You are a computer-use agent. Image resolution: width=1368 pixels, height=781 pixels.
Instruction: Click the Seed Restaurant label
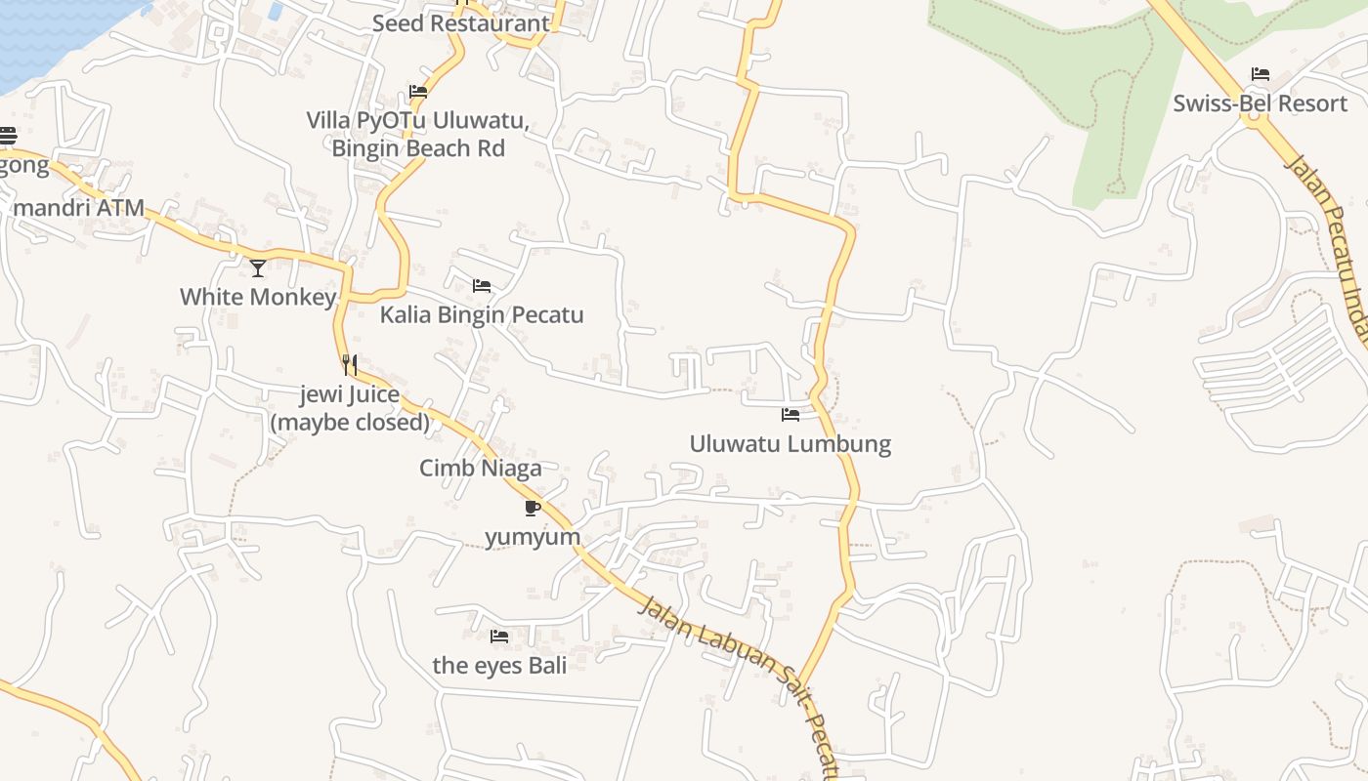pyautogui.click(x=460, y=23)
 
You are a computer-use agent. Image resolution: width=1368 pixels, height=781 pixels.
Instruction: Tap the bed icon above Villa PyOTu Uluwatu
pyautogui.click(x=418, y=92)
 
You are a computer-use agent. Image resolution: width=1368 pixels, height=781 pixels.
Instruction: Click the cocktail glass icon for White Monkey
pyautogui.click(x=258, y=267)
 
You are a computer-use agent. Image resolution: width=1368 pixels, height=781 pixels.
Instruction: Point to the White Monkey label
pyautogui.click(x=258, y=297)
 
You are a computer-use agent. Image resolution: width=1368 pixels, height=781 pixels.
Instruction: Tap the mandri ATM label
pyautogui.click(x=79, y=208)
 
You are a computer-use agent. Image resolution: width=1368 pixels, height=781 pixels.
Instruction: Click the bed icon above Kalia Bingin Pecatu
pyautogui.click(x=482, y=286)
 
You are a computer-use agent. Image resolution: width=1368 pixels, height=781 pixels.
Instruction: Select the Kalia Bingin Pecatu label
pyautogui.click(x=482, y=314)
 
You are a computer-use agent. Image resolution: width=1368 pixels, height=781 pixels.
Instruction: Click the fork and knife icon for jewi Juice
pyautogui.click(x=349, y=365)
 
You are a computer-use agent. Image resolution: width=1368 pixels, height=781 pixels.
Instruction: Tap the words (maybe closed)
pyautogui.click(x=350, y=423)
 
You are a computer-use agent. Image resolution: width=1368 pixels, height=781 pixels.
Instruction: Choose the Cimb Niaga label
pyautogui.click(x=480, y=469)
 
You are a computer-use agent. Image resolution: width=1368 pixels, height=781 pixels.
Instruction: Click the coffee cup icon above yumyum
pyautogui.click(x=533, y=508)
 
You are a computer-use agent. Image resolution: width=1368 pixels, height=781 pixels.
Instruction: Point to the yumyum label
pyautogui.click(x=533, y=537)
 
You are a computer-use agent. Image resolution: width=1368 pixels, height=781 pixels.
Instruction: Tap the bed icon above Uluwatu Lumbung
pyautogui.click(x=791, y=415)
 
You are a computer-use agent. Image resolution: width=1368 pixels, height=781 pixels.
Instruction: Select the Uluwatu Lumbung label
pyautogui.click(x=791, y=444)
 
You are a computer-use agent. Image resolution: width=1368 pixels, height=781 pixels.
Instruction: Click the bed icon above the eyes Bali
pyautogui.click(x=499, y=637)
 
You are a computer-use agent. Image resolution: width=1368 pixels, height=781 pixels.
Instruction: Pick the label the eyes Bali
pyautogui.click(x=499, y=666)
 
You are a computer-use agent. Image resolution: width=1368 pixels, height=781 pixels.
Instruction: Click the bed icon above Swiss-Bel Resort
pyautogui.click(x=1261, y=74)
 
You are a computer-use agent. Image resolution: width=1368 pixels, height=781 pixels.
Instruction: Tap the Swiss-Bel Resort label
pyautogui.click(x=1261, y=103)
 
